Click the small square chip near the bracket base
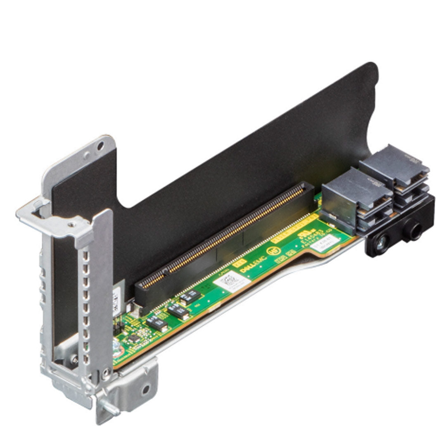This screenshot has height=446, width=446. click(x=133, y=338)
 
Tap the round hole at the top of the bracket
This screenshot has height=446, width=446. click(x=100, y=146)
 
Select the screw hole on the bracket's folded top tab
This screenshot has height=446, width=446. click(x=71, y=225)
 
